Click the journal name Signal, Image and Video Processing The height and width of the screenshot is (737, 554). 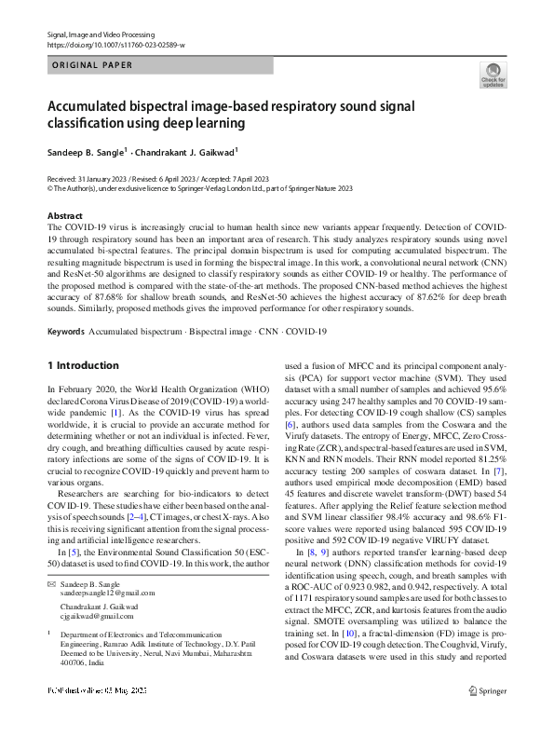tap(101, 34)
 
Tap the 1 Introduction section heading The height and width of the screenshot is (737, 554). tap(82, 365)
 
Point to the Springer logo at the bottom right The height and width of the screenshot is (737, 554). tap(488, 717)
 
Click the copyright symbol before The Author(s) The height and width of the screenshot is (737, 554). tap(49, 187)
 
